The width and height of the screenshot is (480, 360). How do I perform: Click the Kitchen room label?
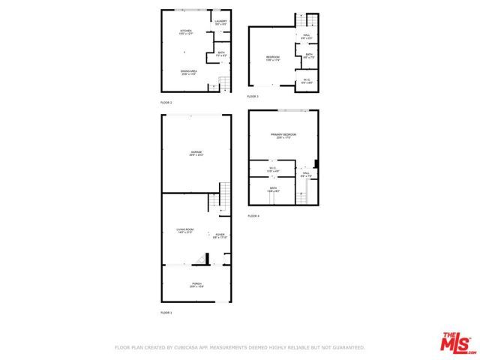click(x=186, y=31)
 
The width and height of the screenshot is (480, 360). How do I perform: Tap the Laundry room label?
click(x=220, y=22)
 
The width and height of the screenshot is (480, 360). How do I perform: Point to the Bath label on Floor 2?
click(x=221, y=53)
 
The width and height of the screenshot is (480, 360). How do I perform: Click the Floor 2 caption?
click(x=166, y=101)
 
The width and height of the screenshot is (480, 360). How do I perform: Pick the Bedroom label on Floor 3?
click(x=273, y=58)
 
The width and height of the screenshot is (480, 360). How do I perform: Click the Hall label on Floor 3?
click(x=307, y=36)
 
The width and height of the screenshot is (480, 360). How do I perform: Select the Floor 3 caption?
click(x=253, y=97)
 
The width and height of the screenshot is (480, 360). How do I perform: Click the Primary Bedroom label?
click(x=283, y=136)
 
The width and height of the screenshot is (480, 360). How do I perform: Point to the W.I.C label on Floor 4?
click(x=273, y=168)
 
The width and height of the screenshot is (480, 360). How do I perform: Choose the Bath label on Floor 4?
click(x=273, y=189)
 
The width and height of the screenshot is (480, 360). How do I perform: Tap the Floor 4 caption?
click(x=253, y=216)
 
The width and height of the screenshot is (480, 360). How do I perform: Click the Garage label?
click(x=196, y=152)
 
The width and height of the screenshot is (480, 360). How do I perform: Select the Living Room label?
click(x=185, y=230)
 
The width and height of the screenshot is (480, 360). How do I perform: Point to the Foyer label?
click(x=220, y=235)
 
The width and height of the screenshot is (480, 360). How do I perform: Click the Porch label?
click(x=196, y=283)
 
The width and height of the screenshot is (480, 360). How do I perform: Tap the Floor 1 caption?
click(x=166, y=312)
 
